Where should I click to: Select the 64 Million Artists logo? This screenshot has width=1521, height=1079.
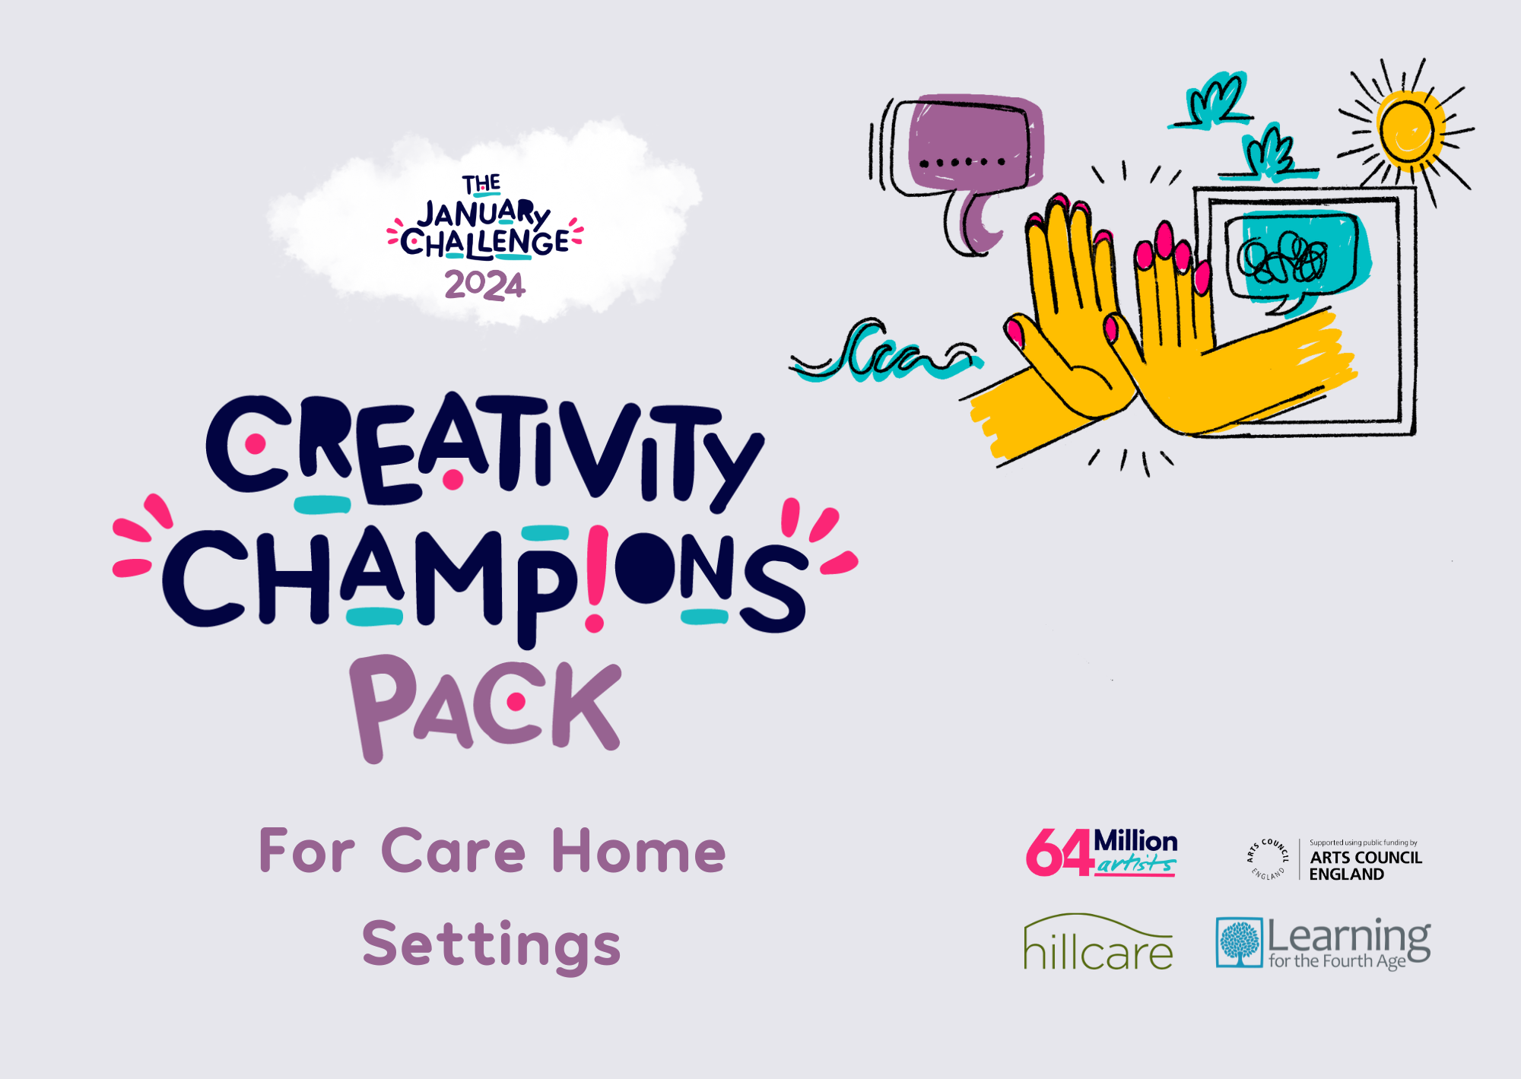(1101, 852)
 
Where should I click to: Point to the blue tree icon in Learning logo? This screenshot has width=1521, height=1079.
(1240, 942)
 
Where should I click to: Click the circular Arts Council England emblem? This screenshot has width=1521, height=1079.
(1267, 859)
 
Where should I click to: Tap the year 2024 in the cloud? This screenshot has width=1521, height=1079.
(484, 285)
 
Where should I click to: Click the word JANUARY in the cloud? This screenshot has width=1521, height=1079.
(484, 214)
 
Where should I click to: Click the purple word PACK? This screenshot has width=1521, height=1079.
(485, 707)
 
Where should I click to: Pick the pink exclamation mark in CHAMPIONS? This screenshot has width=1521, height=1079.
(595, 579)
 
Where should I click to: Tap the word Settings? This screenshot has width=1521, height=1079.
(491, 945)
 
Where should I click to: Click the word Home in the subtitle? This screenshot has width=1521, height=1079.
(639, 851)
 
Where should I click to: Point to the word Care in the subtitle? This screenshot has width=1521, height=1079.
(453, 851)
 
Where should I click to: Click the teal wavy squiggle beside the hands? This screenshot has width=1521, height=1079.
(886, 351)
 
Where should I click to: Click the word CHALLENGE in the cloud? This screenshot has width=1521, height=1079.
(484, 243)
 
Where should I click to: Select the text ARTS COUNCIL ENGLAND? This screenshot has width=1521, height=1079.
(1365, 865)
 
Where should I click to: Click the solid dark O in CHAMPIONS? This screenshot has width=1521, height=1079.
(646, 568)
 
